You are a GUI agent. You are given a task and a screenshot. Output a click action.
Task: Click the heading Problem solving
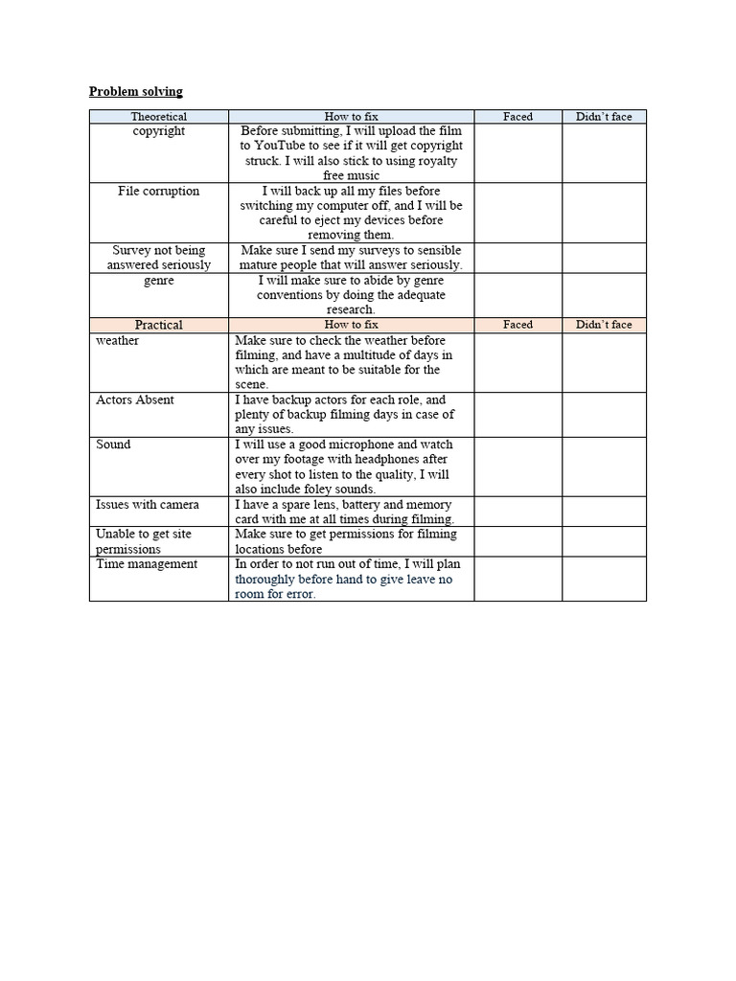[x=135, y=92]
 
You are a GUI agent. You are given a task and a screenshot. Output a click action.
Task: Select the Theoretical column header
[x=159, y=117]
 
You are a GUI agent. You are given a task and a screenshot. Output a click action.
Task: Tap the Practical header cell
[x=159, y=325]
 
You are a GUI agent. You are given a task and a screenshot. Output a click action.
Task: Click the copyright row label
[x=159, y=131]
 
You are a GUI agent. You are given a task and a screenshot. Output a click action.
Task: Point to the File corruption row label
[x=159, y=191]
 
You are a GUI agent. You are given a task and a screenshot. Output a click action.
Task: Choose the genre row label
[x=159, y=281]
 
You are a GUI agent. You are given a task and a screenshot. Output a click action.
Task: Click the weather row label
[x=118, y=341]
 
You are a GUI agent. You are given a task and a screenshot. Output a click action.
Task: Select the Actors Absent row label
[x=135, y=400]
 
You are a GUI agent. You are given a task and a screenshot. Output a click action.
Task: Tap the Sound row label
[x=113, y=445]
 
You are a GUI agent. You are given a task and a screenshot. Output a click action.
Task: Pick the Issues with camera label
[x=148, y=505]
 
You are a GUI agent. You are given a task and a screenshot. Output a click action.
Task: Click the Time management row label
[x=147, y=564]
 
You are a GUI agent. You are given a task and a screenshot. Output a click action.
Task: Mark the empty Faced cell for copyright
[x=517, y=153]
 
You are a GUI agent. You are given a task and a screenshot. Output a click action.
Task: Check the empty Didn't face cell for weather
[x=604, y=362]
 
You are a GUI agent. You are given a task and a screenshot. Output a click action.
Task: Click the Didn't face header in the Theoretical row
[x=604, y=117]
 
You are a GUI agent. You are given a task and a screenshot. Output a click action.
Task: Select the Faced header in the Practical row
[x=517, y=325]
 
